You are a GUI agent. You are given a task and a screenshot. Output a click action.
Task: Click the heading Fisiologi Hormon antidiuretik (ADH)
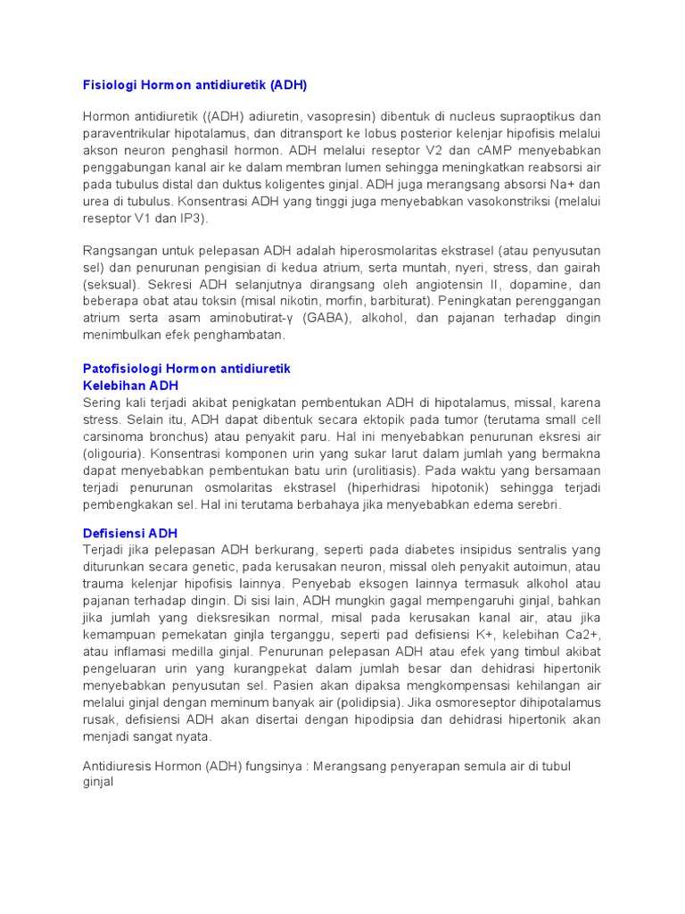tap(194, 85)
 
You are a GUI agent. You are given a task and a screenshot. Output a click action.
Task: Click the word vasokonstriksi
tap(501, 202)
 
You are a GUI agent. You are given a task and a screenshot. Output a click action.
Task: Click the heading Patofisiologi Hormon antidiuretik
tap(186, 369)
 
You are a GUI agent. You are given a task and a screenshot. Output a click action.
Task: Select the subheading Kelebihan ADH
tap(131, 386)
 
